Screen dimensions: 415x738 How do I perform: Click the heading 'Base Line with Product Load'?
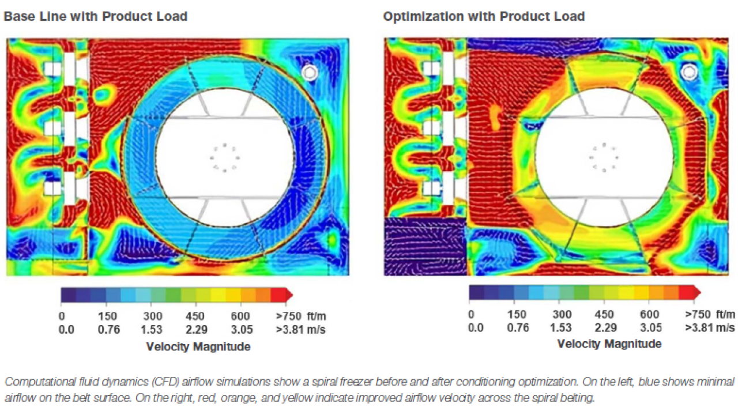coord(96,16)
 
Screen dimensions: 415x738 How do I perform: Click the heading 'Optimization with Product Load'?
coord(484,16)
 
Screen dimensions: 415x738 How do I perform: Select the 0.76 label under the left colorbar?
coord(107,330)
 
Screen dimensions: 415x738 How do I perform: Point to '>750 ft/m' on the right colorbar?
coord(709,314)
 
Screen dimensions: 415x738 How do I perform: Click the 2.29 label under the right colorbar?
coord(604,327)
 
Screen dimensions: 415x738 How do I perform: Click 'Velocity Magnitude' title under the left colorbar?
coord(198,346)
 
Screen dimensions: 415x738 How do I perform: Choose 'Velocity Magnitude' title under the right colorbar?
coord(609,344)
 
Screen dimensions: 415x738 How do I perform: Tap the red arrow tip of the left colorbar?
coord(289,295)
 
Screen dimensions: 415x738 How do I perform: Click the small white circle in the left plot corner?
coord(310,72)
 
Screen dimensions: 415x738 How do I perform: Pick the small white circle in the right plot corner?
coord(688,71)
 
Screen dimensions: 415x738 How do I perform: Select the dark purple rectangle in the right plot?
coord(424,246)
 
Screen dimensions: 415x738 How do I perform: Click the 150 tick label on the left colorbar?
coord(107,316)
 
